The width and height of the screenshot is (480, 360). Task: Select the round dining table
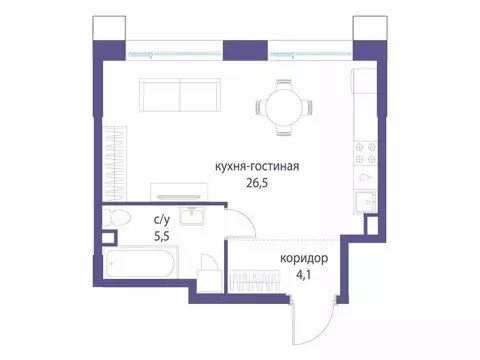coord(285,105)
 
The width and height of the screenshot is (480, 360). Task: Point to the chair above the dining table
coord(285,81)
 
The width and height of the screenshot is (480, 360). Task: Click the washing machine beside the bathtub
coord(209,272)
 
